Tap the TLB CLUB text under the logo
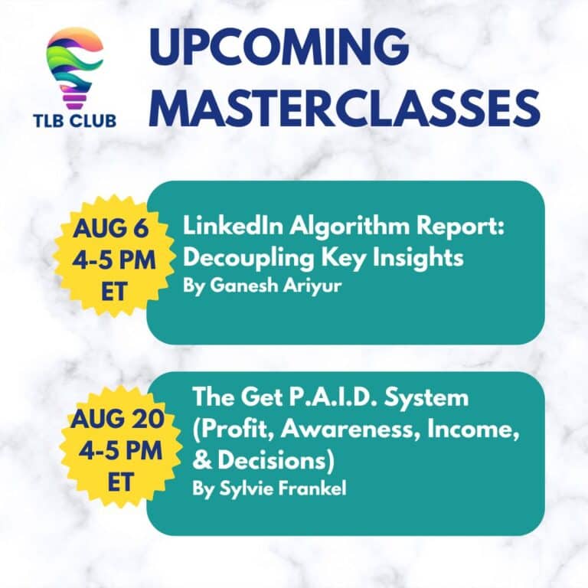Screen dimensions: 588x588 [x=74, y=121]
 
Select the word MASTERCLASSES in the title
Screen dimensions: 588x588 [x=347, y=106]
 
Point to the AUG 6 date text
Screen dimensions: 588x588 [x=110, y=228]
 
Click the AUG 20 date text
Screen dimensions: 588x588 [x=117, y=418]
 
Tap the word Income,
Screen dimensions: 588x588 [x=469, y=430]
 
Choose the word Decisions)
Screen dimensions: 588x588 [x=276, y=461]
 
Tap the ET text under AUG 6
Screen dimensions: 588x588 [x=114, y=292]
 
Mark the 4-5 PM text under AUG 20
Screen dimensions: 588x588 [x=120, y=450]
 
